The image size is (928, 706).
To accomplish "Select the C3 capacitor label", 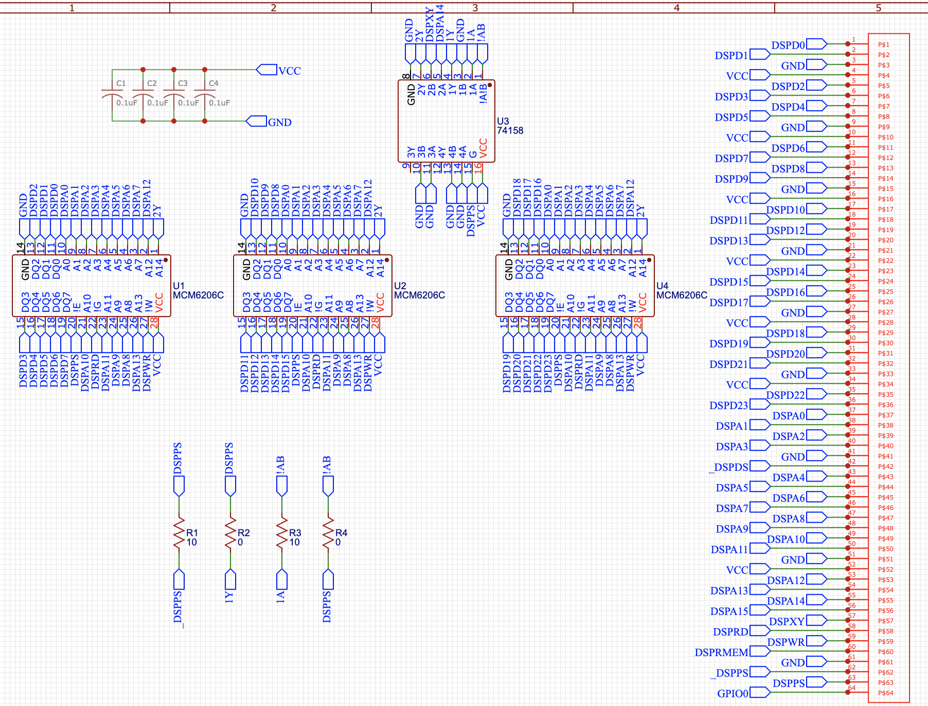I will (183, 83).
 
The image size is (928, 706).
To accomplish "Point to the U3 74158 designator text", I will (509, 126).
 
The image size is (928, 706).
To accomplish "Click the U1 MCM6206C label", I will (198, 291).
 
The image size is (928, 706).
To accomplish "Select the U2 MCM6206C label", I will (419, 291).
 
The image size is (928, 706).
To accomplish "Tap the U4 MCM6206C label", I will (681, 291).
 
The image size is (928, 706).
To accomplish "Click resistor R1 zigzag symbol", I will (179, 533).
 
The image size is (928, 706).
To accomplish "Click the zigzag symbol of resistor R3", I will (282, 533).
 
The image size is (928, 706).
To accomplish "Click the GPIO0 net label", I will (733, 694).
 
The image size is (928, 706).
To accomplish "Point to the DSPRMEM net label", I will (721, 652).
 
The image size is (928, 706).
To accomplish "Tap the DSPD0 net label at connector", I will (788, 45).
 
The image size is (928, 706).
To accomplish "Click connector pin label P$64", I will (885, 693).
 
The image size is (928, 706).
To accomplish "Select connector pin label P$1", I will (883, 45).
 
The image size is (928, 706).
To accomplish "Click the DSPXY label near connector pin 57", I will (787, 622).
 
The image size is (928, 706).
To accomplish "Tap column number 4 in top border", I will (676, 8).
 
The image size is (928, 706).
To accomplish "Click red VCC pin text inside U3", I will (483, 147).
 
